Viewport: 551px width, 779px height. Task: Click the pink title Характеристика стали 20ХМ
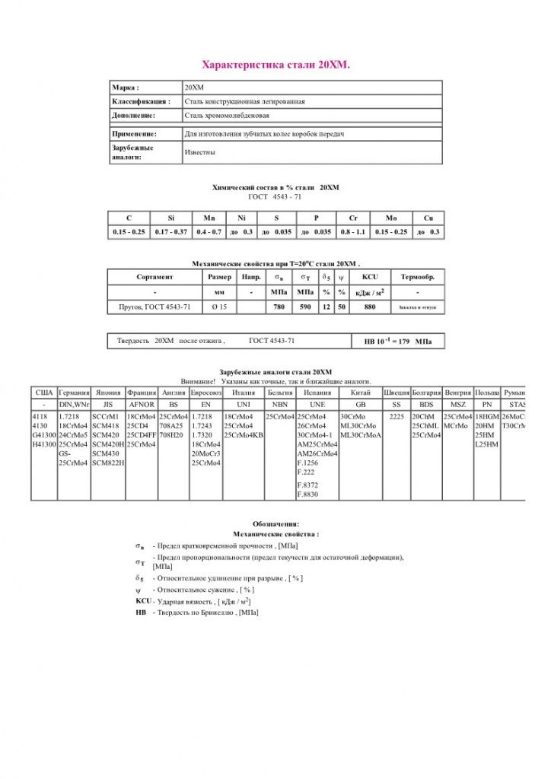[x=275, y=65]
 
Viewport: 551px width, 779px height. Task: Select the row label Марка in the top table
[x=126, y=87]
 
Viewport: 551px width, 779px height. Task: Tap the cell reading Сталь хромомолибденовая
[x=227, y=116]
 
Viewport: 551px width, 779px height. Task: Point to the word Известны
[x=199, y=152]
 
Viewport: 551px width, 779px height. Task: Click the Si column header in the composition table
[x=170, y=218]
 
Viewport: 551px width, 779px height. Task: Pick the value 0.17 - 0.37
[x=170, y=231]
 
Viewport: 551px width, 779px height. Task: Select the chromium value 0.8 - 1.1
[x=353, y=231]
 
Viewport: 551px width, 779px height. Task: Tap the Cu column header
[x=428, y=218]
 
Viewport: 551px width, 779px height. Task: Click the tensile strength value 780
[x=279, y=307]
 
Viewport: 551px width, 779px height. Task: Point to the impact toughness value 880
[x=370, y=307]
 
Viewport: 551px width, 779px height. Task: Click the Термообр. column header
[x=417, y=277]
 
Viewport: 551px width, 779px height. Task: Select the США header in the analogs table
[x=43, y=392]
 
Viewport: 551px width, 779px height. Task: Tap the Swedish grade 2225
[x=396, y=418]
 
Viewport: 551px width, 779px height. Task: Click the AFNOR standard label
[x=142, y=405]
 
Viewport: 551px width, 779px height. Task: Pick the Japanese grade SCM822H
[x=108, y=463]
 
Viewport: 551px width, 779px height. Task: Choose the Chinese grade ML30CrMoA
[x=361, y=435]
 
